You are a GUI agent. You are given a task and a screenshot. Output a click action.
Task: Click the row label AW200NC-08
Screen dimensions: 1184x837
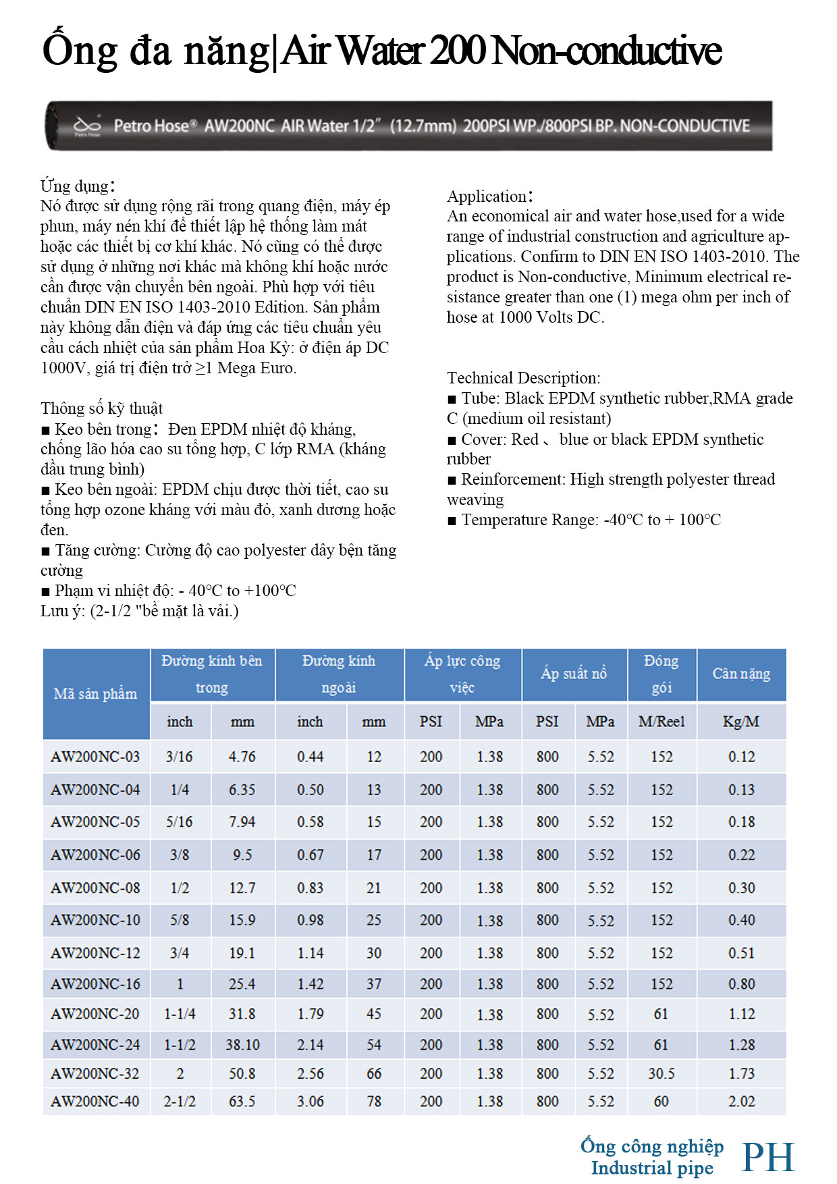[x=95, y=888]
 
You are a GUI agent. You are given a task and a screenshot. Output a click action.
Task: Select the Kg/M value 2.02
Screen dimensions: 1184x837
[x=741, y=1101]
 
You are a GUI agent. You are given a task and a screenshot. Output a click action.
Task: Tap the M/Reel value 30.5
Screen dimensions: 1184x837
[x=661, y=1073]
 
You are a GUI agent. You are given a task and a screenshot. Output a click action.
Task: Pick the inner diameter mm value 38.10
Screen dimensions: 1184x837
[x=242, y=1044]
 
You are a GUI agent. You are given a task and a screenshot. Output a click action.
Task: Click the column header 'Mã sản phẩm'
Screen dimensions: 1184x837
[x=95, y=693]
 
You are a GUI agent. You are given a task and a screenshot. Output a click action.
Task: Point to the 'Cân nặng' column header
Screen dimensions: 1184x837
[x=741, y=674]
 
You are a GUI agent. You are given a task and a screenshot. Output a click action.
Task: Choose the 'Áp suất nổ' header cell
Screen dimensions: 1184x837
[x=574, y=674]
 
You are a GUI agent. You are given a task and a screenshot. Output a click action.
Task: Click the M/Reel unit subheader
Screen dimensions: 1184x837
[x=661, y=722]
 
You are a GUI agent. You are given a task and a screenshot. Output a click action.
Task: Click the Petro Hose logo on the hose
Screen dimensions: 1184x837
[x=87, y=126]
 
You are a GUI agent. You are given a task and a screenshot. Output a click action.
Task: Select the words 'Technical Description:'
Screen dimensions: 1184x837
[x=523, y=378]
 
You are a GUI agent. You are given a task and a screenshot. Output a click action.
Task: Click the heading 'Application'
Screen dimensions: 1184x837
[x=487, y=196]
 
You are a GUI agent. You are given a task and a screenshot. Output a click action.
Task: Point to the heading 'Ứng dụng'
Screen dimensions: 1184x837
[x=74, y=186]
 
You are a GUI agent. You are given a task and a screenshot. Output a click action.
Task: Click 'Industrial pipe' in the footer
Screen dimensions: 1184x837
[x=652, y=1168]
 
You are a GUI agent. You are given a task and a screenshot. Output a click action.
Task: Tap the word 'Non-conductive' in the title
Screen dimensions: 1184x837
[x=607, y=51]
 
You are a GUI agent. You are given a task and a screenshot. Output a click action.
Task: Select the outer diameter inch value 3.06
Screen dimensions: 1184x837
[x=310, y=1101]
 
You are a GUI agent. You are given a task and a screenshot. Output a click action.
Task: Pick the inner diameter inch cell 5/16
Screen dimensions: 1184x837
[x=179, y=822]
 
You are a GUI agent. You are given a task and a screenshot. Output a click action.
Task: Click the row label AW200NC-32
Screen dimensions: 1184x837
[x=95, y=1073]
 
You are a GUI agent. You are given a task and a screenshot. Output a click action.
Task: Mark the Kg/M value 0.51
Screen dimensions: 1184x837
[x=741, y=952]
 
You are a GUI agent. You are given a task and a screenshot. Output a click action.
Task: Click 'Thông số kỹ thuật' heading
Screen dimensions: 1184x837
[x=101, y=408]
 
